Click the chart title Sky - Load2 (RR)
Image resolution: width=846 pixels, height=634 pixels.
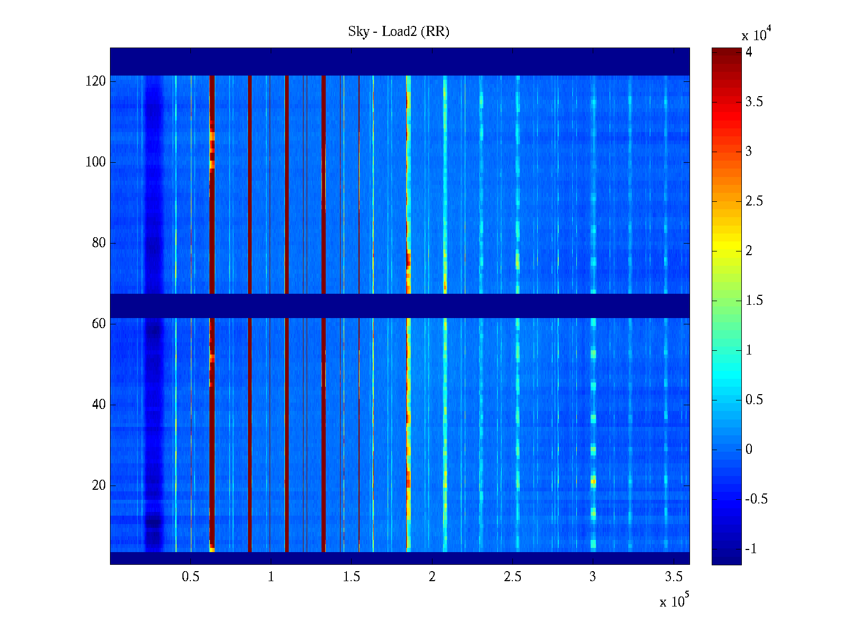399,32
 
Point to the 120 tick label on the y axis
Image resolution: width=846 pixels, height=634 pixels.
96,81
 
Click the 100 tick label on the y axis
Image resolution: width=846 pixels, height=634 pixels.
96,162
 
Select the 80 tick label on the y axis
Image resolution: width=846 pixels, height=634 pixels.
99,243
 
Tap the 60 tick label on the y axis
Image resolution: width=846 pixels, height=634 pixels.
99,324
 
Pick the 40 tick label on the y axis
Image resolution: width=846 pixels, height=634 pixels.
99,405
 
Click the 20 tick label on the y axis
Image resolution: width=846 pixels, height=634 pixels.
99,486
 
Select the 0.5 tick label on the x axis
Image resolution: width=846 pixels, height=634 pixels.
191,577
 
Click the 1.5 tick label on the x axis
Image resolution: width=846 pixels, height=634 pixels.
352,577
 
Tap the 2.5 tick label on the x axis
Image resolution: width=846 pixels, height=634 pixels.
512,577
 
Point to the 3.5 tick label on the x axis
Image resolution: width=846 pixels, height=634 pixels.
674,577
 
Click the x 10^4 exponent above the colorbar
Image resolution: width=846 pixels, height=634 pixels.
756,34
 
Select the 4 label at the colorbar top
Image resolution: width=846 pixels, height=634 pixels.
749,52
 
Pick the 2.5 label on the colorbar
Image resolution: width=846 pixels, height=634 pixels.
754,201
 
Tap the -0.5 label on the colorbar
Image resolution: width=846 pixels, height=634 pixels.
756,499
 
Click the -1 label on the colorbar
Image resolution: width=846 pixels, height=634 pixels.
751,549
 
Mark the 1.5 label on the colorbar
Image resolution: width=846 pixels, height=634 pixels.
754,301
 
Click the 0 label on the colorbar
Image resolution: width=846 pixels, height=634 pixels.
749,450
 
